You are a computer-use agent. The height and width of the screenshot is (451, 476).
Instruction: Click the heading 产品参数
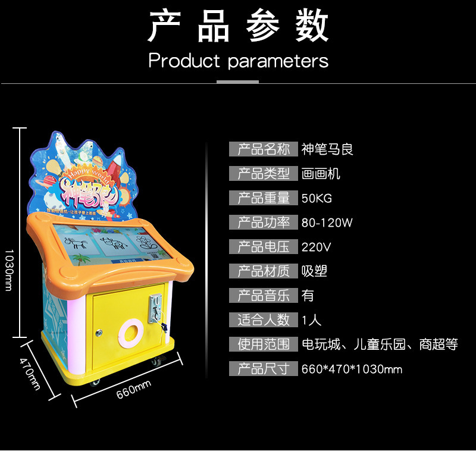tap(238, 27)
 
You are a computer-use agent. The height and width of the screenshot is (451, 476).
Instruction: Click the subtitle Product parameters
tap(238, 60)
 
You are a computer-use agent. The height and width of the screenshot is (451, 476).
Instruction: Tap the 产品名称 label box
tap(264, 149)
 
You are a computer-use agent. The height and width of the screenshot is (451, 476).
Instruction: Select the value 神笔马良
tap(327, 149)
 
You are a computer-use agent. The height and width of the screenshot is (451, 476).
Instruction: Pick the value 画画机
tap(321, 174)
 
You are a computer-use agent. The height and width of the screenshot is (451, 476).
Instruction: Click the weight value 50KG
tap(317, 198)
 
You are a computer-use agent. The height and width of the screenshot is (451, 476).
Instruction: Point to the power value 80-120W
tap(327, 223)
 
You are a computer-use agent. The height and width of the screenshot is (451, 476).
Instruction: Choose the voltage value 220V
tap(317, 247)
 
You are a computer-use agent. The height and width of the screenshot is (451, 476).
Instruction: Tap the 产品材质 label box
tap(264, 271)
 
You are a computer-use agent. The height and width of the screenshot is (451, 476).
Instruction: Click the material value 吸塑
tap(314, 271)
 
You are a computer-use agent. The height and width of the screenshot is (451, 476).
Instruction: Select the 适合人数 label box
tap(264, 320)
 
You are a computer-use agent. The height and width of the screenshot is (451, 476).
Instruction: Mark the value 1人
tap(311, 320)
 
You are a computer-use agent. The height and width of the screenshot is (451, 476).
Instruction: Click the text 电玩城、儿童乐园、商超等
tap(380, 344)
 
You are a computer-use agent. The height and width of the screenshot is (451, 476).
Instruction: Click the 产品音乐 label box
tap(264, 296)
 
